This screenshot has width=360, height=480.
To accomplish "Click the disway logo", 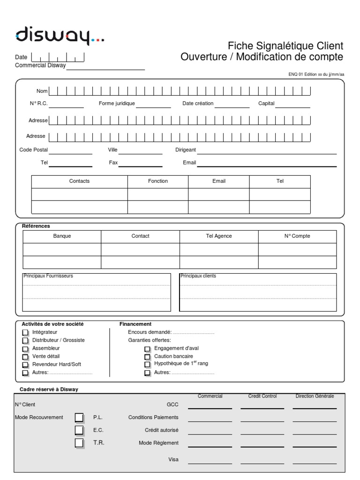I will tap(60, 34).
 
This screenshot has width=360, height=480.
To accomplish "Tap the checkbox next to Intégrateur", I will tap(25, 332).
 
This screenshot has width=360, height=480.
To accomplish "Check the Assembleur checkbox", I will tap(25, 349).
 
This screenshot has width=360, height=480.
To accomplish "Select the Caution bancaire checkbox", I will tap(148, 357).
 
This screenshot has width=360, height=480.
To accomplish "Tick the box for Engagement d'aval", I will tap(148, 349).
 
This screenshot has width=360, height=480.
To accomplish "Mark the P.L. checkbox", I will tap(80, 418).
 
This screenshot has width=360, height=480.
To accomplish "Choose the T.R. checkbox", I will tap(80, 443).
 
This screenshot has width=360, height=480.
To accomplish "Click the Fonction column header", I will tap(158, 181).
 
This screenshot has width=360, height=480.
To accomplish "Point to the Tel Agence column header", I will tap(219, 236).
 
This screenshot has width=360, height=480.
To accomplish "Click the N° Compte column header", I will tap(297, 236).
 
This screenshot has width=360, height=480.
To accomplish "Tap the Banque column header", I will tap(62, 236).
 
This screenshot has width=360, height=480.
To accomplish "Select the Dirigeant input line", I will tap(267, 153).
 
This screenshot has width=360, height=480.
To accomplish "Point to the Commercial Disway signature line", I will tap(105, 68).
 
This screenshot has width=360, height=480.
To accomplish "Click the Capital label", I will tap(266, 104).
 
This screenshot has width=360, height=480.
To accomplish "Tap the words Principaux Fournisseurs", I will tap(48, 276).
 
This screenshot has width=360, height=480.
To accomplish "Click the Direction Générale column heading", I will tap(315, 397).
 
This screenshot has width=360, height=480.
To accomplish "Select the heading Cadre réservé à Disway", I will tap(49, 390).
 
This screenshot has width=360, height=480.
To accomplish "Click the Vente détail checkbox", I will tap(25, 357).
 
